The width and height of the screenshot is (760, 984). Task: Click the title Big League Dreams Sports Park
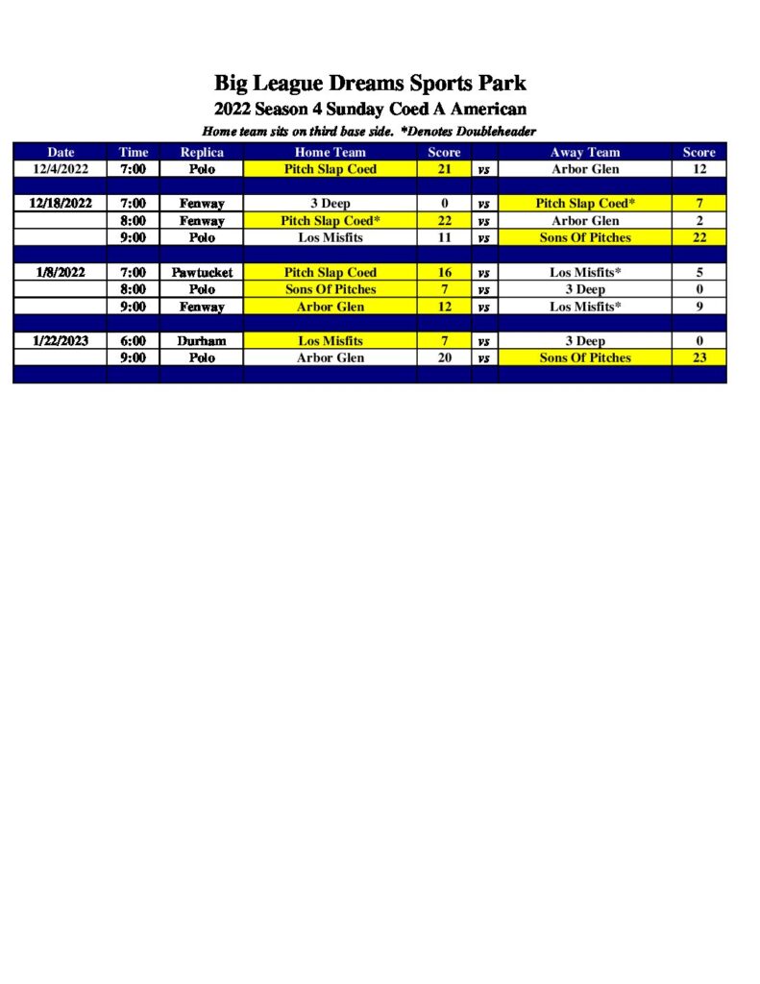tap(370, 83)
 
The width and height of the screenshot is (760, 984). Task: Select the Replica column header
tap(202, 152)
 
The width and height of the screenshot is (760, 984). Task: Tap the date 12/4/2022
tap(61, 169)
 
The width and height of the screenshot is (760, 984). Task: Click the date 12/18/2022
tap(61, 204)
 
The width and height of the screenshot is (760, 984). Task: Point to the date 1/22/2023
tap(61, 340)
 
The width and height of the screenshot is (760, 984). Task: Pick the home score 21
tap(444, 169)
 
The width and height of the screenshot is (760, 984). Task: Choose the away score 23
tap(699, 357)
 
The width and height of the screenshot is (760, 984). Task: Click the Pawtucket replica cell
tap(202, 273)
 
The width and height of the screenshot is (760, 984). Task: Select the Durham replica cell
tap(202, 340)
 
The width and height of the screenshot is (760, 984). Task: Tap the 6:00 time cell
tap(134, 340)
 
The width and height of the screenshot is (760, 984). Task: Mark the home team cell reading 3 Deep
tap(330, 204)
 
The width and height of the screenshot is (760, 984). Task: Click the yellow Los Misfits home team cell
tap(330, 340)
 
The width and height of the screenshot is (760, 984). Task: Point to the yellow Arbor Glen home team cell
tap(330, 307)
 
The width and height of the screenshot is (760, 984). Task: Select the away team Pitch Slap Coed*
tap(585, 204)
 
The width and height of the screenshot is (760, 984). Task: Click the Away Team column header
tap(585, 152)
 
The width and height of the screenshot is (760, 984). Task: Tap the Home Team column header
tap(330, 152)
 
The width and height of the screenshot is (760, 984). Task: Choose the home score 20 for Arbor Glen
tap(444, 357)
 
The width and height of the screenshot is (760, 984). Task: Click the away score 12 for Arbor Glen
tap(699, 169)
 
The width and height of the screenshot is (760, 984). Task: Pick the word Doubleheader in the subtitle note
tap(496, 131)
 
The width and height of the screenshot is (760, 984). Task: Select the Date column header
tap(61, 152)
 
